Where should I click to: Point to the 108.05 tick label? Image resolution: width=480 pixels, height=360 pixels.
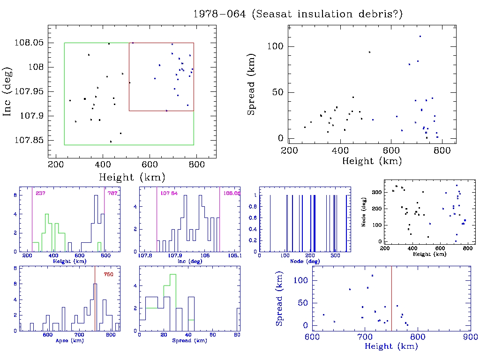(x=30, y=43)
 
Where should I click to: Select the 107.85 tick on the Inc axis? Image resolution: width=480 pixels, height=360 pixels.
(x=30, y=141)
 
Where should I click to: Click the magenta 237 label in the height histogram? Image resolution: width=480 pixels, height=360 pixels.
(x=40, y=193)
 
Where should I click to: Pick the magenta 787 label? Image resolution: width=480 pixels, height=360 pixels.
(x=112, y=193)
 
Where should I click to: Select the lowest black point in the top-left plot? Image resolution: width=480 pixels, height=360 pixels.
(x=111, y=142)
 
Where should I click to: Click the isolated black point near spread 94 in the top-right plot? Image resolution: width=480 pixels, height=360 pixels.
(x=369, y=52)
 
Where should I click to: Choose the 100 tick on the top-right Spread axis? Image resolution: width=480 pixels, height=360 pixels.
(x=277, y=46)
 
